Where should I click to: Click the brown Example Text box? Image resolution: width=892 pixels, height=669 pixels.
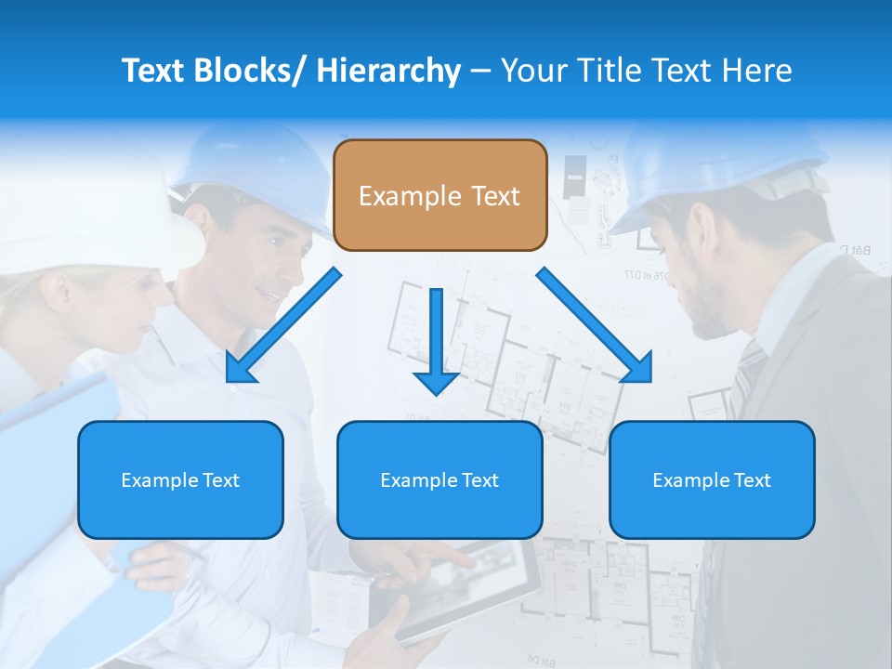[439, 195]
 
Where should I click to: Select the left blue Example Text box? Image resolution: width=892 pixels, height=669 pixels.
[180, 479]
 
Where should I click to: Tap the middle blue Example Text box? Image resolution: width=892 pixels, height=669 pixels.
[439, 479]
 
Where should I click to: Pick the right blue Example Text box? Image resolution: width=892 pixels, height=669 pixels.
[712, 479]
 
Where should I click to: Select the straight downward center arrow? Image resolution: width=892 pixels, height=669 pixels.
[436, 340]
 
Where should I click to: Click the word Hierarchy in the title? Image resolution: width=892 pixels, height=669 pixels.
[388, 71]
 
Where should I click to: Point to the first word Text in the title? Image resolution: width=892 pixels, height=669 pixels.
[155, 71]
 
